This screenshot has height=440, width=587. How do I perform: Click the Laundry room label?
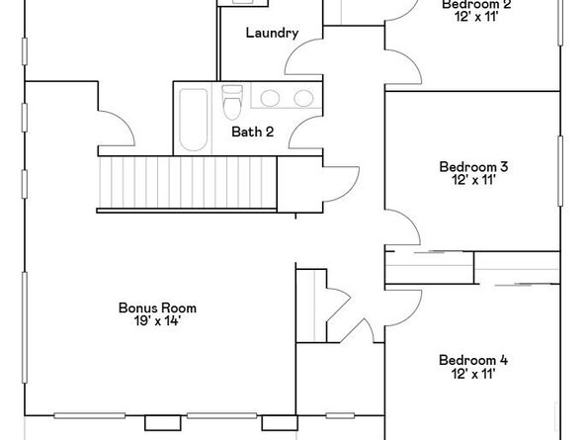pos(272,33)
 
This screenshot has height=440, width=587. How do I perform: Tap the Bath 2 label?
pos(252,132)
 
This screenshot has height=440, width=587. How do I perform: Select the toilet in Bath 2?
pos(233,102)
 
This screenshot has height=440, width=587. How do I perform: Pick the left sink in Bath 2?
pos(269,98)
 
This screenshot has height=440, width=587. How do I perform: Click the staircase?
pos(188,184)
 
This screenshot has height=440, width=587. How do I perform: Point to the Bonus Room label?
pos(150,307)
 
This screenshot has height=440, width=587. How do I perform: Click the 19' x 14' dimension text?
pos(150,320)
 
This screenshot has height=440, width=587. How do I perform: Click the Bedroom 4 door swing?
pos(402,308)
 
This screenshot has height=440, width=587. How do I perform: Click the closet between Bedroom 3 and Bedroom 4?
pos(429,266)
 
